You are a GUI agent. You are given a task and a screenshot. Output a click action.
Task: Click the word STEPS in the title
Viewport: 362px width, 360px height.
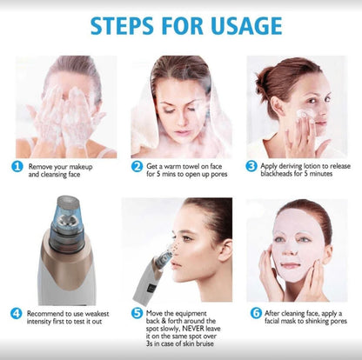[x=122, y=26]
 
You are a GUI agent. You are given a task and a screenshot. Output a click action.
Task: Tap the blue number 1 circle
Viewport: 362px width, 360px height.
[x=17, y=167]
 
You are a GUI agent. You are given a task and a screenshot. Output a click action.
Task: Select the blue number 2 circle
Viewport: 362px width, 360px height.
[x=137, y=167]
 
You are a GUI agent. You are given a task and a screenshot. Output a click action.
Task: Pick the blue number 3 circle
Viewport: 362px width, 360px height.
[x=251, y=166]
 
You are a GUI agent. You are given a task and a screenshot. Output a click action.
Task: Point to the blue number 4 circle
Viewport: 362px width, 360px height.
[x=17, y=314]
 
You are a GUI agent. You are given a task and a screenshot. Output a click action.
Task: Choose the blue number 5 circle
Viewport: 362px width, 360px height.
[x=137, y=313]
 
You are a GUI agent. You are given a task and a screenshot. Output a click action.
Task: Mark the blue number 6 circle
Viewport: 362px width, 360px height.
[x=256, y=313]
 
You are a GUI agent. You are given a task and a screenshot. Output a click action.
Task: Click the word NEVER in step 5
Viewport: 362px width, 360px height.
[x=193, y=329]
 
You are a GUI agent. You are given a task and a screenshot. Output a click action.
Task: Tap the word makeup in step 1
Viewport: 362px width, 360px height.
[x=81, y=167]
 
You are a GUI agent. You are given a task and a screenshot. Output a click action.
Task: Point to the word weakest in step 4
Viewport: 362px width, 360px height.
[x=97, y=314]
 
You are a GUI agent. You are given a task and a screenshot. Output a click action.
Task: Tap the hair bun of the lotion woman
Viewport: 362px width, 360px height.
[x=264, y=80]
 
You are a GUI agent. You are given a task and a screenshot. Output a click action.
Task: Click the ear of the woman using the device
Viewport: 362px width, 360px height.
[x=225, y=250]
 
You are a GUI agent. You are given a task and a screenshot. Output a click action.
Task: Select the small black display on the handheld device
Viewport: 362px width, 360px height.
[x=151, y=289]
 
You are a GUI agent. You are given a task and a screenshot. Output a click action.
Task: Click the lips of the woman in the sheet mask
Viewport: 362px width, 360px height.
[x=291, y=265]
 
